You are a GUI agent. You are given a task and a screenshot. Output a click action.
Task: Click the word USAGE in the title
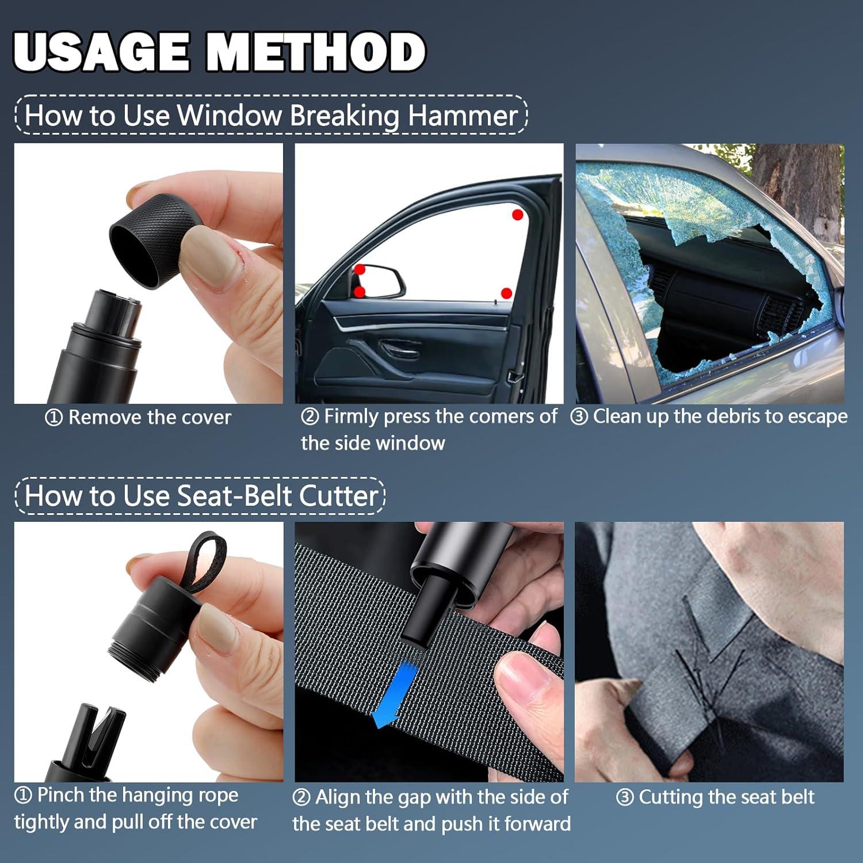pyautogui.click(x=101, y=52)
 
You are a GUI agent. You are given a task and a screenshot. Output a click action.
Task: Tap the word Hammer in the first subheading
pyautogui.click(x=463, y=115)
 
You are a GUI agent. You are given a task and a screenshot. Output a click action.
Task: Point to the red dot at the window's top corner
pyautogui.click(x=517, y=215)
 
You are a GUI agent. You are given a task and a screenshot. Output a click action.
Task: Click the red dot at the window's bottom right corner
pyautogui.click(x=506, y=293)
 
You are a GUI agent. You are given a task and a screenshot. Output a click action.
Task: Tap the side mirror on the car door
pyautogui.click(x=380, y=280)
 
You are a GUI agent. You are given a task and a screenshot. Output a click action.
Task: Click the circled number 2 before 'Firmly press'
pyautogui.click(x=310, y=416)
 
